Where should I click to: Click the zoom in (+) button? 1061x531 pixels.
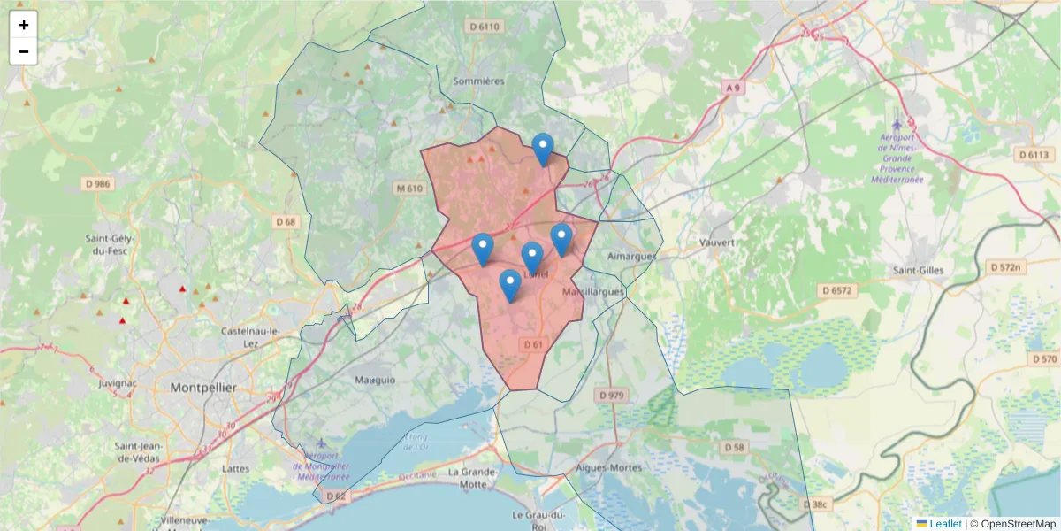tap(24, 25)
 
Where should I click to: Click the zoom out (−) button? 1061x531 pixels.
tap(24, 51)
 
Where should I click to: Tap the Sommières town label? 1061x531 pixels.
tap(477, 81)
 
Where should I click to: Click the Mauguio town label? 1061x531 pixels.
tap(375, 381)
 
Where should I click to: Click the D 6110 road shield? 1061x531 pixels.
tap(485, 27)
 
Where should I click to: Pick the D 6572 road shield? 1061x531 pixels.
tap(836, 290)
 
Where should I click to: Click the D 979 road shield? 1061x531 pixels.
tap(611, 395)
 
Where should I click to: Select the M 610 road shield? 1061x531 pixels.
tap(410, 189)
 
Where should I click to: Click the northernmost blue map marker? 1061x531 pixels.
tap(543, 148)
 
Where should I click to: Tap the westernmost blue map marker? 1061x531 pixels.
tap(482, 248)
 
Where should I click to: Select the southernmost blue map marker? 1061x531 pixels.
tap(509, 284)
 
